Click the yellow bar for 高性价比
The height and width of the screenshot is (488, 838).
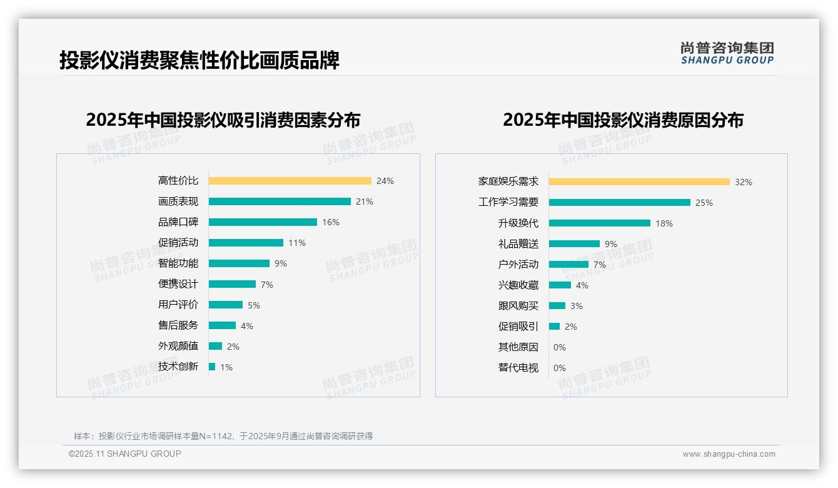click(x=290, y=181)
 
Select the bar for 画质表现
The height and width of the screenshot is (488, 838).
click(x=280, y=201)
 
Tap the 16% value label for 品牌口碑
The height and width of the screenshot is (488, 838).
click(x=331, y=222)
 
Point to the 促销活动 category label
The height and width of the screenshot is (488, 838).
click(x=178, y=243)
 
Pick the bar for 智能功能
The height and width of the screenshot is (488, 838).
click(x=239, y=263)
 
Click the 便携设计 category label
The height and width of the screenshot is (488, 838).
click(x=178, y=284)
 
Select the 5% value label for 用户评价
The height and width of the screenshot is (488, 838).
click(x=254, y=305)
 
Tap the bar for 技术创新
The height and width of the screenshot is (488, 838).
click(x=212, y=367)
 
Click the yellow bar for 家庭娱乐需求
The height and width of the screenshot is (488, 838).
click(x=639, y=182)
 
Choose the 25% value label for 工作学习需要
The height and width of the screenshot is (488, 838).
click(x=704, y=203)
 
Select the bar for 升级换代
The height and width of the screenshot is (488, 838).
click(x=600, y=223)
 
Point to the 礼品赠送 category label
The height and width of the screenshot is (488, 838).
click(x=518, y=244)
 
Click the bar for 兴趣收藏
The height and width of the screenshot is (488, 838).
click(x=560, y=285)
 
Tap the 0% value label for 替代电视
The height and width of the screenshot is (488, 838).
click(x=560, y=368)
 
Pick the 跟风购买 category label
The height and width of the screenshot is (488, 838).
click(x=518, y=306)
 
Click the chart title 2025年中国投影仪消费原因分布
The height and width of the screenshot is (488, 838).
click(x=623, y=120)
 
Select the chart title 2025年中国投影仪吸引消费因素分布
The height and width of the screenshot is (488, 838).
click(x=223, y=120)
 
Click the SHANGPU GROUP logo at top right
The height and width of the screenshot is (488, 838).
click(x=727, y=53)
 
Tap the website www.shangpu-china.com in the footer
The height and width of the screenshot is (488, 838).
click(x=729, y=454)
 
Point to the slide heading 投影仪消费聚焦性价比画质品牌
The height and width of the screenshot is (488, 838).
click(x=199, y=61)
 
